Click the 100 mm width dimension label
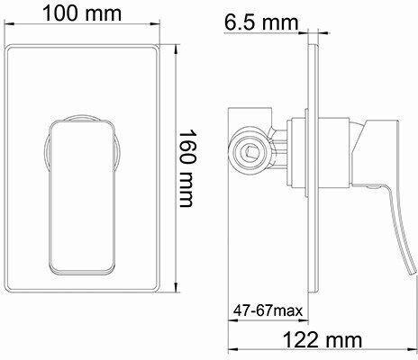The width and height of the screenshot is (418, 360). pyautogui.click(x=82, y=13)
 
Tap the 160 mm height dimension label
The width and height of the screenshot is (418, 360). pyautogui.click(x=186, y=168)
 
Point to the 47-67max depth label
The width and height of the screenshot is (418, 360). pyautogui.click(x=268, y=310)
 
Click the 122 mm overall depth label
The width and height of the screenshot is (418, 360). pyautogui.click(x=323, y=340)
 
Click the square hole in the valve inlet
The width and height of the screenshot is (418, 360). pyautogui.click(x=249, y=151)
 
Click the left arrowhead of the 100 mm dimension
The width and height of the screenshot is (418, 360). pyautogui.click(x=7, y=24)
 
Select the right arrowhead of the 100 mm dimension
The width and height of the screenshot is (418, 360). pyautogui.click(x=156, y=24)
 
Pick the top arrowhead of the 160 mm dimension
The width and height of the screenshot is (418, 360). pyautogui.click(x=177, y=49)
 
